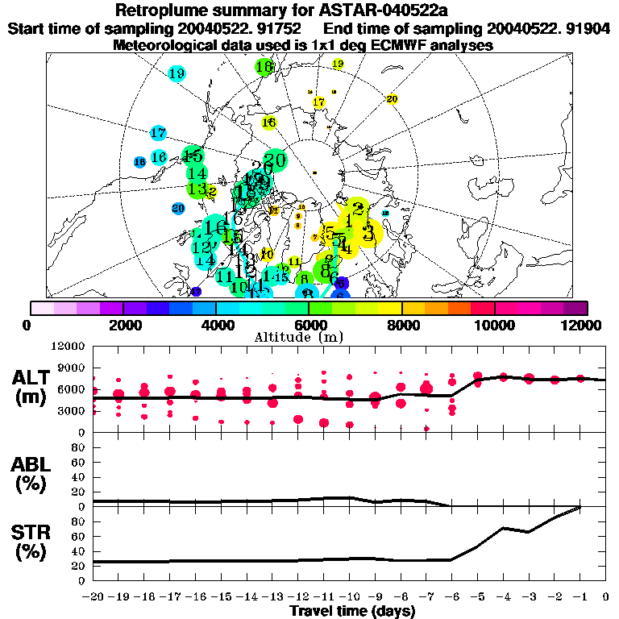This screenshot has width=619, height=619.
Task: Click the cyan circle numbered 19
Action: click(177, 74)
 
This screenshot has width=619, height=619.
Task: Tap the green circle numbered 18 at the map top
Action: click(264, 66)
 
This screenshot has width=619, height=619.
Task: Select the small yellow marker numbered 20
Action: click(393, 99)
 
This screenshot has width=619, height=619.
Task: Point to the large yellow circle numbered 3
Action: click(368, 234)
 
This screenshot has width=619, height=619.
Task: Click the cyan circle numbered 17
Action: click(158, 133)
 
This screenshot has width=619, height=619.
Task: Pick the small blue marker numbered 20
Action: click(178, 208)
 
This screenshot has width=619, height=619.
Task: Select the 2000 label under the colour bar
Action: click(122, 325)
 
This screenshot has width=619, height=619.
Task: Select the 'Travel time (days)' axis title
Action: click(352, 611)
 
